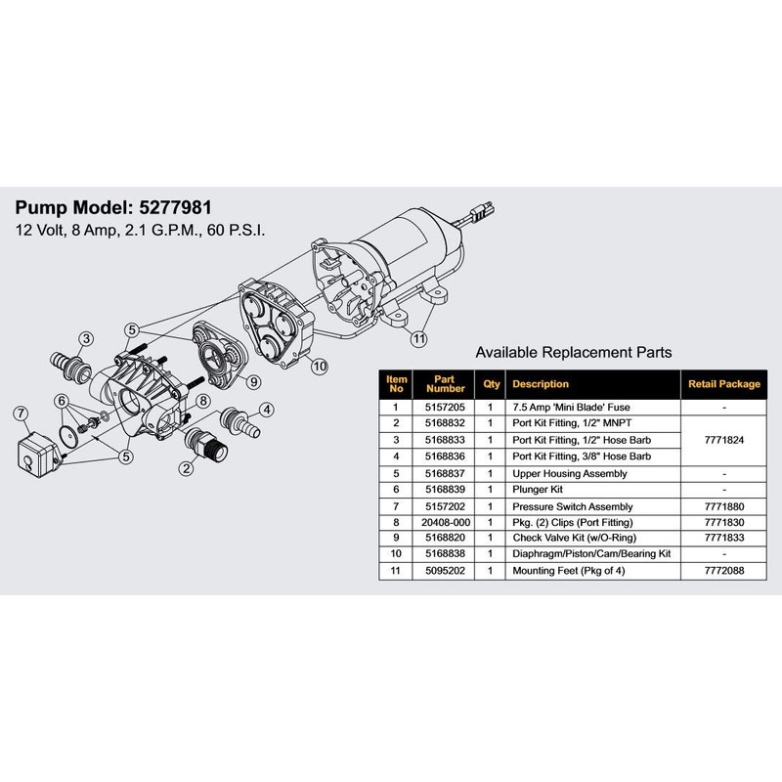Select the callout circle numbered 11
418,338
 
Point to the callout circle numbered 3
86,339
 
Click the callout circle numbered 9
251,381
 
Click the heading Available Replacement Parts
573,352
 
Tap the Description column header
541,384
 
